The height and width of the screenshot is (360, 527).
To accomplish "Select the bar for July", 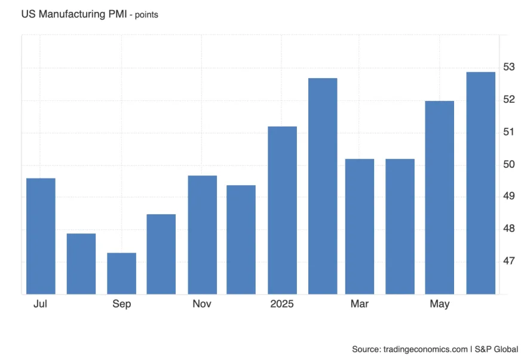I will (x=41, y=236).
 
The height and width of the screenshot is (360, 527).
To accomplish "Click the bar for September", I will (x=121, y=273).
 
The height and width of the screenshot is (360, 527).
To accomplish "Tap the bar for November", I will (x=202, y=235).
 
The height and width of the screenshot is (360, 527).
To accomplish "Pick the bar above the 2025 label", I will (x=282, y=210).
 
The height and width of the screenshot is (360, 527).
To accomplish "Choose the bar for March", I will (x=360, y=226).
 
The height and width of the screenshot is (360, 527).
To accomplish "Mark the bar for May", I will (x=440, y=197).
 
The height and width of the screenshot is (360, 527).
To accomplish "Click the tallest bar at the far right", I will (x=480, y=183).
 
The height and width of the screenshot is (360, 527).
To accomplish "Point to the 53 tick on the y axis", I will (x=508, y=66).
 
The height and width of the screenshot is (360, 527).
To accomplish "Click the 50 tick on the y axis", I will (x=508, y=164).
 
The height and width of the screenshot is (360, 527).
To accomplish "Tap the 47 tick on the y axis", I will (x=508, y=261).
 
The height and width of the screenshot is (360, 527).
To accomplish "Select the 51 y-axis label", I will (x=508, y=131).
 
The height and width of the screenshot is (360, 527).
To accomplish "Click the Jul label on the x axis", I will (x=41, y=304).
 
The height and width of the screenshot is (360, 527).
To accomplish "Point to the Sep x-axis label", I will (x=121, y=304).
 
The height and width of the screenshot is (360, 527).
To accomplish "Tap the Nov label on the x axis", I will (x=202, y=304).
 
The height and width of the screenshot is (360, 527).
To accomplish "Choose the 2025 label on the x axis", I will (x=282, y=304).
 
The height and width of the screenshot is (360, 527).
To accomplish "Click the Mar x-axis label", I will (x=360, y=304).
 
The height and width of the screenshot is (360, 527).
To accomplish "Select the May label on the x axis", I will (x=440, y=304).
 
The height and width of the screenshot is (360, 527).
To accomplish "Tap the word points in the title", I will (x=146, y=15).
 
